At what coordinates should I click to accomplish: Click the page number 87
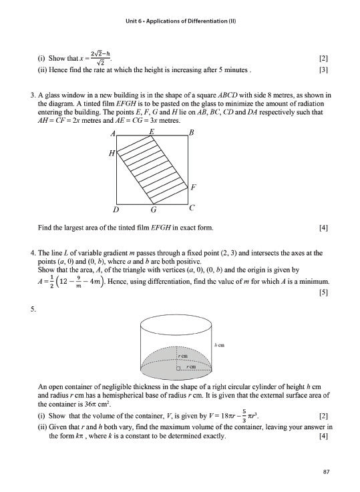[x=327, y=472]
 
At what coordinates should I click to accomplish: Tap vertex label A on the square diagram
[x=114, y=134]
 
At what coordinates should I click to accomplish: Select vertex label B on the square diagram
[x=192, y=134]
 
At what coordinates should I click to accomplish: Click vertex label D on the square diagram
[x=116, y=210]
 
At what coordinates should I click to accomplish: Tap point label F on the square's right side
[x=193, y=186]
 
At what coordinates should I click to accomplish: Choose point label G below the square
[x=154, y=210]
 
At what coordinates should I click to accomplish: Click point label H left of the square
[x=112, y=153]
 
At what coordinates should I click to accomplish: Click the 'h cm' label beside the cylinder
[x=219, y=344]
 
